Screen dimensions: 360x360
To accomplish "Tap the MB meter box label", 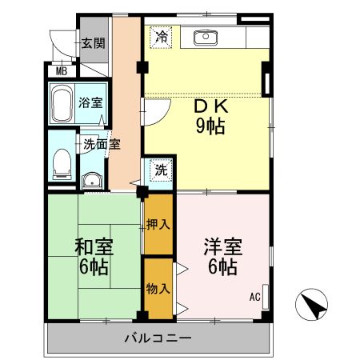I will (x=61, y=70).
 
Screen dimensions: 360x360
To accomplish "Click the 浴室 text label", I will (x=90, y=103).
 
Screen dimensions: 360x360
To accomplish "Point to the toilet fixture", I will (x=59, y=163).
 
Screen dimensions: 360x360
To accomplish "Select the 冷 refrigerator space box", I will (x=162, y=36).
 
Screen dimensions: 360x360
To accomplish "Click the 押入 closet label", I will (x=158, y=226).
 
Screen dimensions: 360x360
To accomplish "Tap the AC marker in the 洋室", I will (x=255, y=297).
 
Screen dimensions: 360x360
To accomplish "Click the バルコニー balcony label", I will (x=157, y=338).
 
